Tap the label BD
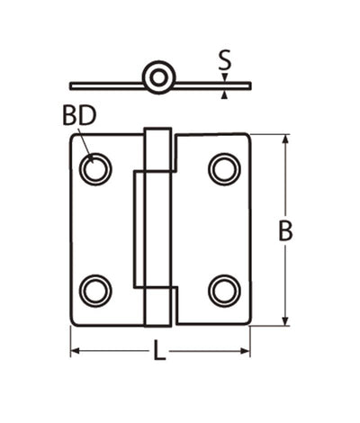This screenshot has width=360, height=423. click(79, 116)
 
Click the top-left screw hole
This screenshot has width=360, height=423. click(94, 169)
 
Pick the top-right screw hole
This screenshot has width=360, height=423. click(224, 169)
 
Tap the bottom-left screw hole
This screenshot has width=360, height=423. click(94, 290)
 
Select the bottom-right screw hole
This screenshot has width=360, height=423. click(224, 290)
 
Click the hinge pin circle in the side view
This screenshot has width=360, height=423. click(159, 78)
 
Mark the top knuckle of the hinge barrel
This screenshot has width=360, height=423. click(159, 150)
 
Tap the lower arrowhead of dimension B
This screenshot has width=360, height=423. click(285, 319)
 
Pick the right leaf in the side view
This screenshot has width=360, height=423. click(212, 85)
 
